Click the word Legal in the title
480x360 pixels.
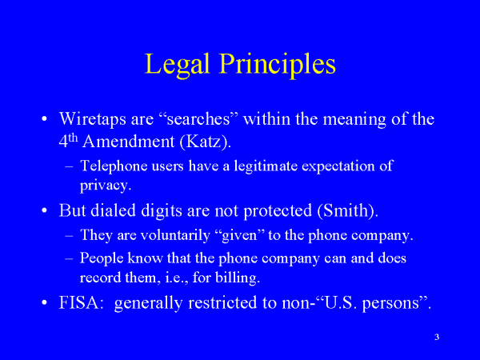pos(178,64)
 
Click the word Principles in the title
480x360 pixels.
pos(278,64)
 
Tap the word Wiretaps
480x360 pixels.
pos(93,119)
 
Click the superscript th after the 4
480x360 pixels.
pos(73,138)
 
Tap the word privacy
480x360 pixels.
pos(106,186)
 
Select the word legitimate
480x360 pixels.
pos(266,166)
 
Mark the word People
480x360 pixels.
pos(102,258)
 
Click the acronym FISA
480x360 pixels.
pos(79,302)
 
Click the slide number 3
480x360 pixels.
pos(437,337)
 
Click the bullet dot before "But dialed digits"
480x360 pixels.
pos(45,210)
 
